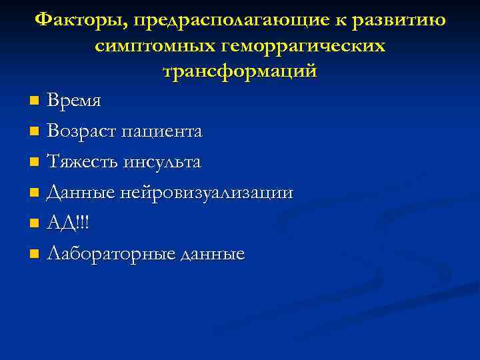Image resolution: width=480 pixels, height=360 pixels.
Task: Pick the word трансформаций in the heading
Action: [x=240, y=71]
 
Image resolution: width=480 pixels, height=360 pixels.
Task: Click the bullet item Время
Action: [x=75, y=101]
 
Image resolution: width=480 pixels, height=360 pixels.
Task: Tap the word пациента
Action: [x=163, y=132]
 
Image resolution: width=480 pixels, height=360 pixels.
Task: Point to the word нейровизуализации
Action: [x=207, y=193]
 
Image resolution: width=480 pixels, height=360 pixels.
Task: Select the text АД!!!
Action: [x=68, y=223]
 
